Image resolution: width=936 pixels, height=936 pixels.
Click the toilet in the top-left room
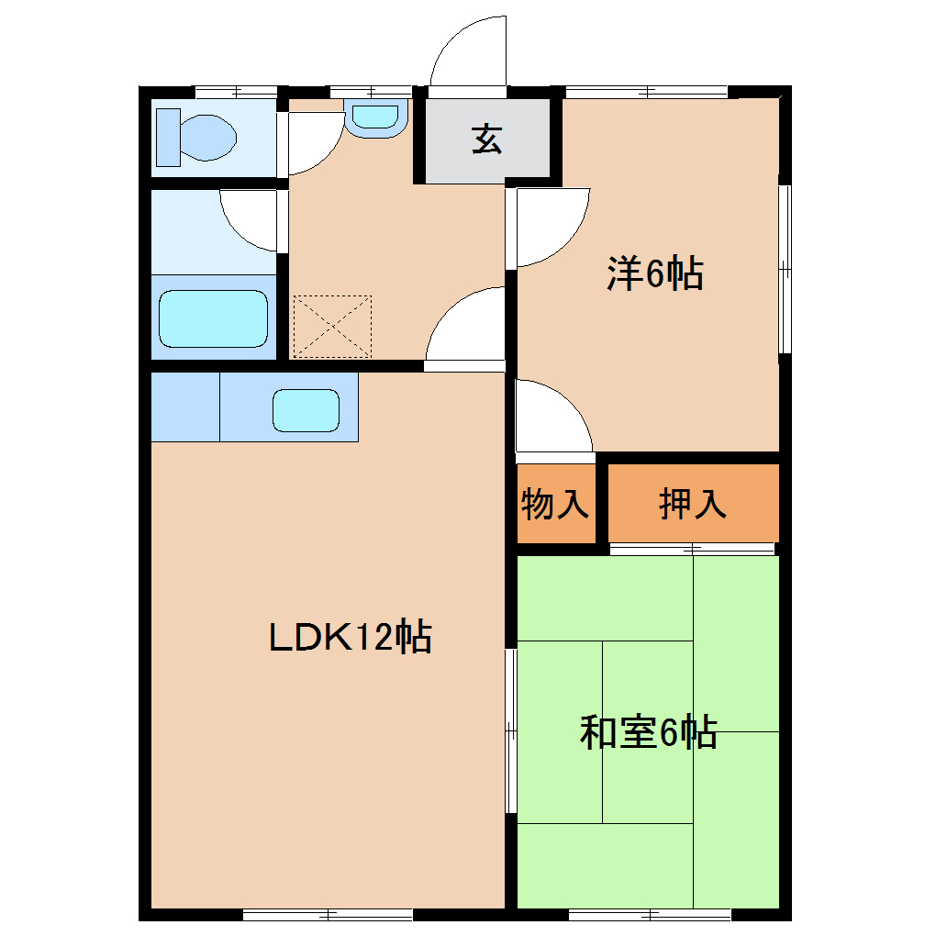click(196, 138)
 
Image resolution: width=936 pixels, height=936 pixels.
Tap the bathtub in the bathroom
click(213, 318)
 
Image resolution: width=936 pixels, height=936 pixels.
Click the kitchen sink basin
click(306, 409)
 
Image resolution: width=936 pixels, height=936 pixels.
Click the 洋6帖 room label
click(654, 273)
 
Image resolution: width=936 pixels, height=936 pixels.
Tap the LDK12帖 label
click(351, 636)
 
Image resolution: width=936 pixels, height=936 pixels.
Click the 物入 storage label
click(555, 504)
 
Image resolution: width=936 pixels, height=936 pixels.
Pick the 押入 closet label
click(693, 504)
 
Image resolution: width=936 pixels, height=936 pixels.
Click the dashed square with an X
click(332, 327)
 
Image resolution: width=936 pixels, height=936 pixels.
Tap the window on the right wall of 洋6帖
click(785, 269)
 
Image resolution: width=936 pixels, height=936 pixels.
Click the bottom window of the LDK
click(328, 914)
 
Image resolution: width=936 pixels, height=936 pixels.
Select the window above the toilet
click(236, 91)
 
